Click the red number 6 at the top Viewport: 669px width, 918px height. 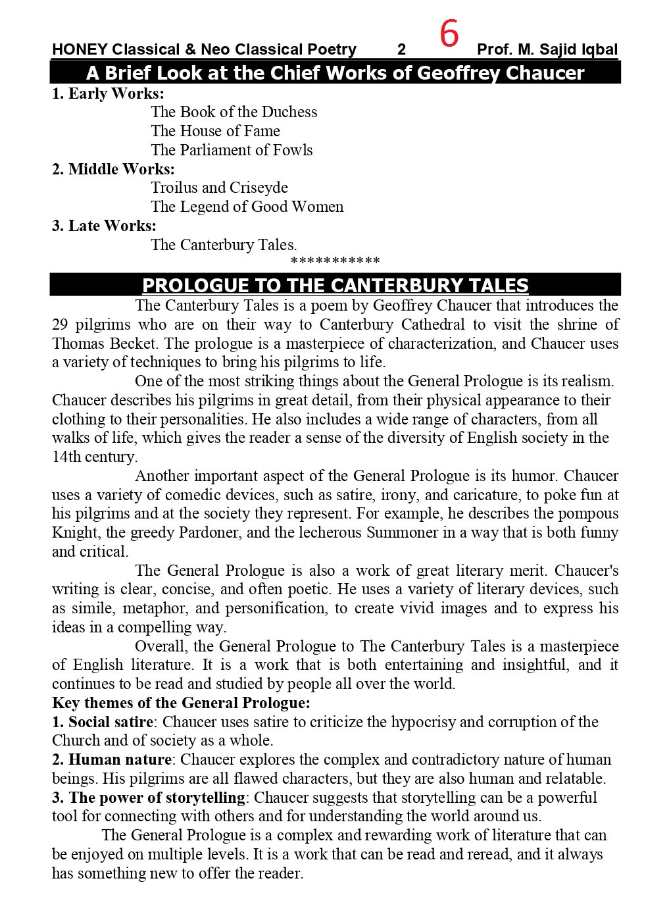(449, 34)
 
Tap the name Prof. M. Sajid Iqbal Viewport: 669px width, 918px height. (547, 50)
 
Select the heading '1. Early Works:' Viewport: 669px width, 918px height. (108, 93)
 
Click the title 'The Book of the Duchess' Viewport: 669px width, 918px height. (234, 113)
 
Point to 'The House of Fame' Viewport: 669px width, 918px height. (215, 132)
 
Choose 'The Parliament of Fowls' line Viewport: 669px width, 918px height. (232, 151)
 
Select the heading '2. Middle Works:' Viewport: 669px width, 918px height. (113, 169)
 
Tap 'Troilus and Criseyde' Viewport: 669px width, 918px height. (219, 188)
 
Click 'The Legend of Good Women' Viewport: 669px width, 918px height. (247, 207)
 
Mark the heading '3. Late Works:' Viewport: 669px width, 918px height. (104, 226)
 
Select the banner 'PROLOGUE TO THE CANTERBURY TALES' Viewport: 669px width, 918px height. (335, 285)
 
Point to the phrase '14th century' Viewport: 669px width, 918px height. (94, 457)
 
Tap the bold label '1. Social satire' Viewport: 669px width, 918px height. (103, 722)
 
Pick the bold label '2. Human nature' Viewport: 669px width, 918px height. (112, 760)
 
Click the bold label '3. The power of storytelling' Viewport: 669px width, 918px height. (149, 798)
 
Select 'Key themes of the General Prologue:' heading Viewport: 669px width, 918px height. (181, 703)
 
